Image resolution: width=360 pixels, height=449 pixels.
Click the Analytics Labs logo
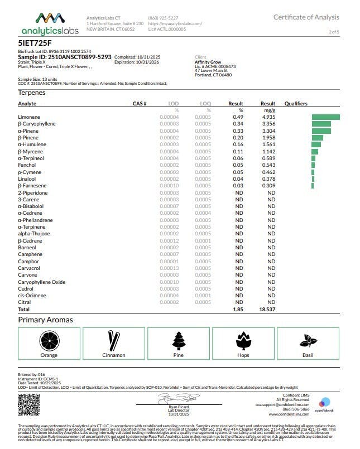tap(50, 24)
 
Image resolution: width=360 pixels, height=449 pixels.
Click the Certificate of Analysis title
tap(306, 17)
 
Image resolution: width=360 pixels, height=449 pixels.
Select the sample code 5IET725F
tap(34, 42)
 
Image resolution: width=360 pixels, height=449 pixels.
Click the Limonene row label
tap(28, 117)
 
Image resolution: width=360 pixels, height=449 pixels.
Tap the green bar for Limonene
tap(325, 117)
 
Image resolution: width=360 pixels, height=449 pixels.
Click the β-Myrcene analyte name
tap(30, 151)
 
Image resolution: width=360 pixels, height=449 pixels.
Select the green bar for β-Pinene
tap(317, 138)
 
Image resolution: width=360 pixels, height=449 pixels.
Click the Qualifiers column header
tap(296, 104)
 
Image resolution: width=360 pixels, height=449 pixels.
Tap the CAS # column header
tap(140, 104)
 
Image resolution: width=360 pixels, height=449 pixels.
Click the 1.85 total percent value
tap(238, 309)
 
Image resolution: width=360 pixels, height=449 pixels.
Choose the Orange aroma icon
tap(49, 339)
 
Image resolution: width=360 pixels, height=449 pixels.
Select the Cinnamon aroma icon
tap(113, 339)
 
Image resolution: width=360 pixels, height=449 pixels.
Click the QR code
tap(29, 404)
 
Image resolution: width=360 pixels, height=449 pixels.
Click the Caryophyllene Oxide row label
tap(42, 282)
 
